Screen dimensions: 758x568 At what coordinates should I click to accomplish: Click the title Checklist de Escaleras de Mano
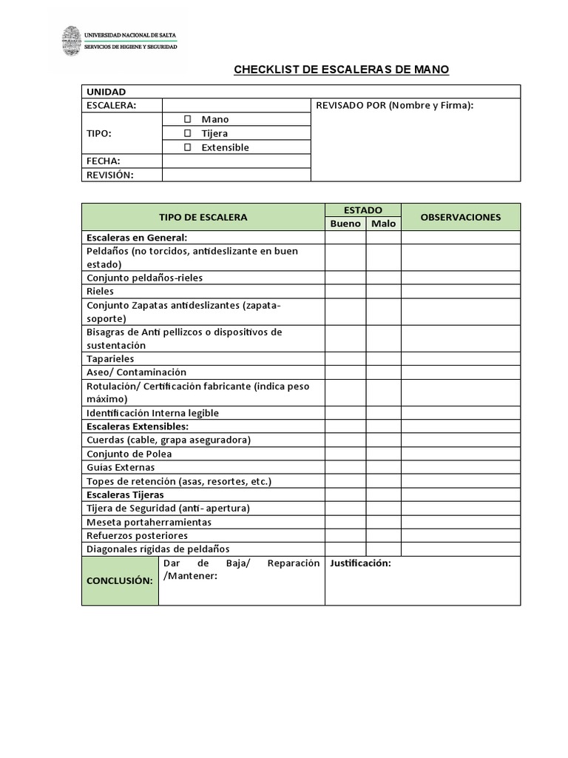(x=341, y=70)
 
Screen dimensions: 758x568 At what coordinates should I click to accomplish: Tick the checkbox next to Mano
(x=188, y=119)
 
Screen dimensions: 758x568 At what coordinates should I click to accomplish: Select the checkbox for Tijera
(x=188, y=133)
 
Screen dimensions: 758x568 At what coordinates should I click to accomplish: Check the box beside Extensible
(x=188, y=147)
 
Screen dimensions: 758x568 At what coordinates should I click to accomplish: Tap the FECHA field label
(x=104, y=161)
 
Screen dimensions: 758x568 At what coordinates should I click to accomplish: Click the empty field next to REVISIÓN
(x=236, y=175)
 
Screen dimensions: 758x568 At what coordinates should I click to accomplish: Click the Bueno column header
(x=345, y=224)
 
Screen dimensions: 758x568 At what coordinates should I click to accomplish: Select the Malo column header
(x=383, y=224)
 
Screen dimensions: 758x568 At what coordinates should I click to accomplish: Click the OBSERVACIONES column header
(x=460, y=217)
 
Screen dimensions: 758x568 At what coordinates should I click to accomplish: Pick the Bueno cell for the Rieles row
(x=345, y=292)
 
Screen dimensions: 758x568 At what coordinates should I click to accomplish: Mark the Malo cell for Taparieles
(x=383, y=359)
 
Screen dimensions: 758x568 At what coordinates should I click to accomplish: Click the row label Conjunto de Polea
(x=129, y=454)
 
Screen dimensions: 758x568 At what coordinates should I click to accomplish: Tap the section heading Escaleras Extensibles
(x=138, y=426)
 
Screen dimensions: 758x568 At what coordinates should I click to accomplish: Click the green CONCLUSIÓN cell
(x=120, y=580)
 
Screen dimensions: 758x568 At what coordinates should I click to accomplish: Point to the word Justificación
(x=360, y=563)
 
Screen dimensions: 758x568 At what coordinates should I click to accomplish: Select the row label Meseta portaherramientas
(x=149, y=522)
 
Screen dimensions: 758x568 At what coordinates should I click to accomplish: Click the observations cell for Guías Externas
(x=460, y=468)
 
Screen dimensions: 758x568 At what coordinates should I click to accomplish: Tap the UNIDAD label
(x=106, y=92)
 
